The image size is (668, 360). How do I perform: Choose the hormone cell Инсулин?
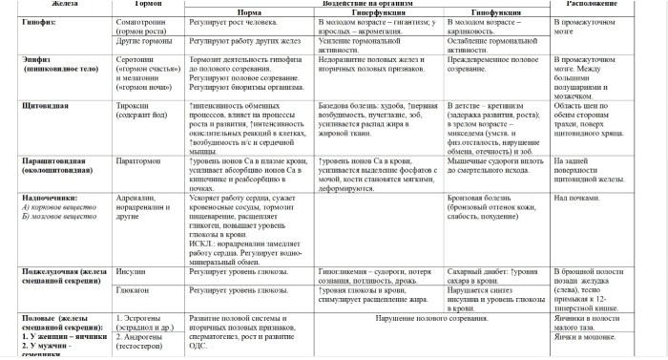pyautogui.click(x=130, y=272)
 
